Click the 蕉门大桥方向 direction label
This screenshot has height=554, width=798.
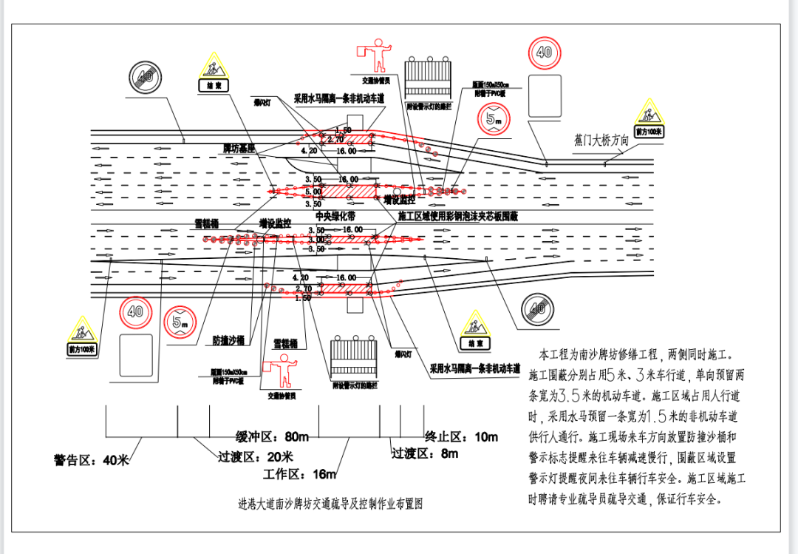point(601,139)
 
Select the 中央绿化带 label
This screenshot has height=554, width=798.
point(335,217)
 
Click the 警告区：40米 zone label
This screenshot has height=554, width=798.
point(91,460)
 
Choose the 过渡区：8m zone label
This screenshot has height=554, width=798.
point(425,453)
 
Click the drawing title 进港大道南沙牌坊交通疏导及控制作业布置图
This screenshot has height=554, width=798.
point(330,504)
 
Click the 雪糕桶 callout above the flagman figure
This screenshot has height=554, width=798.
point(284,344)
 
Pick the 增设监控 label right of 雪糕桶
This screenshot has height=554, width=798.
point(274,223)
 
